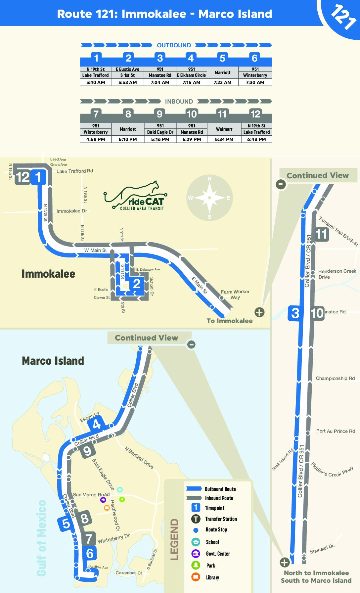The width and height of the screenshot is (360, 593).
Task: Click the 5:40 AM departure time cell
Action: pyautogui.click(x=96, y=82)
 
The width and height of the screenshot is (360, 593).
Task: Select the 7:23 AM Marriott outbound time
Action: pyautogui.click(x=222, y=82)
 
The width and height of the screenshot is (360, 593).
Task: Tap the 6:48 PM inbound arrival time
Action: pyautogui.click(x=256, y=139)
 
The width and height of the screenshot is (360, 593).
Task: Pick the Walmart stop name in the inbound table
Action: pyautogui.click(x=224, y=129)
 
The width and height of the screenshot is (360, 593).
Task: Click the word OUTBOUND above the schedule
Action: pyautogui.click(x=174, y=45)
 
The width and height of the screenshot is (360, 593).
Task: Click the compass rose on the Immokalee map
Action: pyautogui.click(x=209, y=198)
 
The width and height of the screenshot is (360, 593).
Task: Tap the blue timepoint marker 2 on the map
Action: pyautogui.click(x=137, y=284)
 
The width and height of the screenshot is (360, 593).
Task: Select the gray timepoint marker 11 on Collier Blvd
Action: pyautogui.click(x=321, y=234)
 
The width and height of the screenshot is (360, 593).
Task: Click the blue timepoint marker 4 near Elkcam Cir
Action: pyautogui.click(x=97, y=424)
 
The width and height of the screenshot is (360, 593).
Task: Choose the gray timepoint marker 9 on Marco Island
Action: pyautogui.click(x=87, y=451)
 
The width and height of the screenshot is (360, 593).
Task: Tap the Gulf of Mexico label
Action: pyautogui.click(x=41, y=538)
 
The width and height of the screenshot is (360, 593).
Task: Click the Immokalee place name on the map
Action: pyautogui.click(x=48, y=274)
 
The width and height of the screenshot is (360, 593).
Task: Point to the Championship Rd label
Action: pyautogui.click(x=335, y=378)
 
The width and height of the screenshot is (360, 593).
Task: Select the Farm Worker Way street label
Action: pyautogui.click(x=235, y=295)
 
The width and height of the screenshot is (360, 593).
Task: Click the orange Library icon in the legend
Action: pyautogui.click(x=196, y=577)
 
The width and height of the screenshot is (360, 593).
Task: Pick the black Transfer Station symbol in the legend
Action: pyautogui.click(x=196, y=519)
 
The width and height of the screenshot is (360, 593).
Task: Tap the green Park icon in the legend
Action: pyautogui.click(x=196, y=565)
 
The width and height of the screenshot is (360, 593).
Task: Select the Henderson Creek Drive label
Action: pyautogui.click(x=337, y=274)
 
